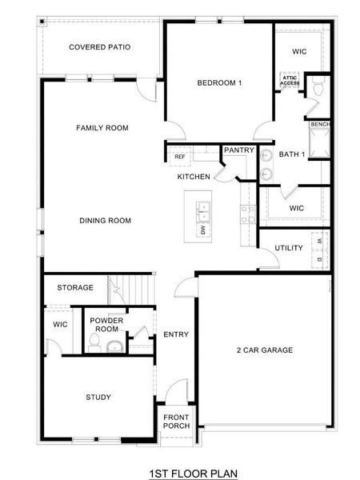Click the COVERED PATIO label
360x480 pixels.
(99, 47)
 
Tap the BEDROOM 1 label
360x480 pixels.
(219, 82)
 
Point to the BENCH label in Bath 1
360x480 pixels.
(319, 125)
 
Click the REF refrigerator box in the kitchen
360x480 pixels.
(180, 156)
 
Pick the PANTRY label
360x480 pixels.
(238, 150)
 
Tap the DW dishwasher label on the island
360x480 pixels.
(203, 230)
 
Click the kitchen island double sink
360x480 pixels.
(204, 212)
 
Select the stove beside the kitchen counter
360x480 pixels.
(247, 211)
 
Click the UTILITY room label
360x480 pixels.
(288, 248)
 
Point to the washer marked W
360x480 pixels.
(319, 240)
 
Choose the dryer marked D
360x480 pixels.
(319, 260)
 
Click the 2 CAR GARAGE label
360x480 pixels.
(265, 350)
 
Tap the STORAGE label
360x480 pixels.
(75, 287)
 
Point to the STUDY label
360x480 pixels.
(98, 397)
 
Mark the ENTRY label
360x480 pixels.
(175, 334)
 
